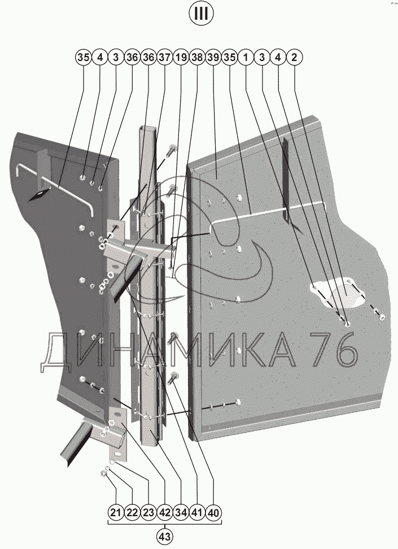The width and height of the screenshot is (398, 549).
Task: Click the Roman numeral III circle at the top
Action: (x=201, y=14)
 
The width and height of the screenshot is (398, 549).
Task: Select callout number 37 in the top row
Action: (x=164, y=57)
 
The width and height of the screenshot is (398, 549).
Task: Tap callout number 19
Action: (x=181, y=57)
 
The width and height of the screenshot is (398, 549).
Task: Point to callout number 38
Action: (x=197, y=57)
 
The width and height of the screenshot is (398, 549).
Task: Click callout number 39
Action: (x=213, y=57)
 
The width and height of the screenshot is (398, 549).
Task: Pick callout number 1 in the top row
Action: (x=246, y=57)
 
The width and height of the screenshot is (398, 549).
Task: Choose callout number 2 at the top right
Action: (x=294, y=57)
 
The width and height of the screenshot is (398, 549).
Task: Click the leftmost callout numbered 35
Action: (x=84, y=57)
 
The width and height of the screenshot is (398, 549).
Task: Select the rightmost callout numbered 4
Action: (x=278, y=57)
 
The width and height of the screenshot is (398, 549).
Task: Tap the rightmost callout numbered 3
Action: (x=262, y=57)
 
